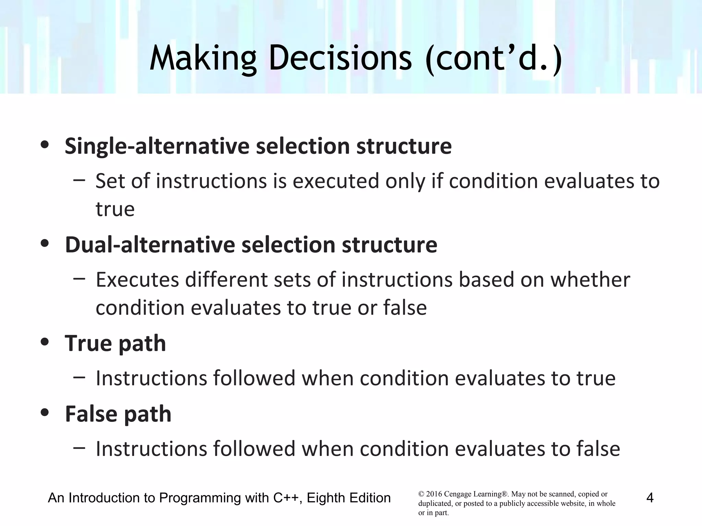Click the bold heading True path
[116, 343]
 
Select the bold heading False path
[118, 414]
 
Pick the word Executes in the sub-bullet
[137, 280]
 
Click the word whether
[590, 280]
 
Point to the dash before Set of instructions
[79, 180]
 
